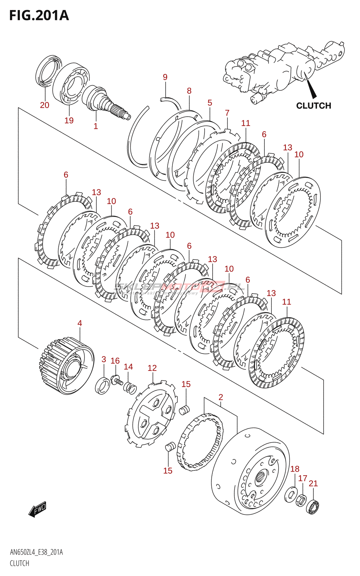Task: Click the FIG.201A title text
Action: (x=39, y=15)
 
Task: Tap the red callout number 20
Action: (x=45, y=105)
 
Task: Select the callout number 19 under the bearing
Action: (x=69, y=120)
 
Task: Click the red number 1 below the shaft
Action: (x=96, y=126)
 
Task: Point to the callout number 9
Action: (x=165, y=77)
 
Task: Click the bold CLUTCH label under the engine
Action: (x=314, y=105)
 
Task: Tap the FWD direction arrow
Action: (x=38, y=509)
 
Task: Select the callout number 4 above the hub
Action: (x=80, y=323)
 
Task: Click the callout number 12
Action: (x=152, y=368)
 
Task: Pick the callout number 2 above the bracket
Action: (x=221, y=397)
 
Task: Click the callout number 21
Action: (x=313, y=483)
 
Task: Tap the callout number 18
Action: (x=295, y=469)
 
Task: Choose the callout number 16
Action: (x=115, y=361)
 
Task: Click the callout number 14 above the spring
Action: (x=129, y=366)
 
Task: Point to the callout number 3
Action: (x=104, y=359)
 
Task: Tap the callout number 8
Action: (x=189, y=91)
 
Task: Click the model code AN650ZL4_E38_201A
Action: (x=36, y=552)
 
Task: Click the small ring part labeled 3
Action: (x=103, y=386)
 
